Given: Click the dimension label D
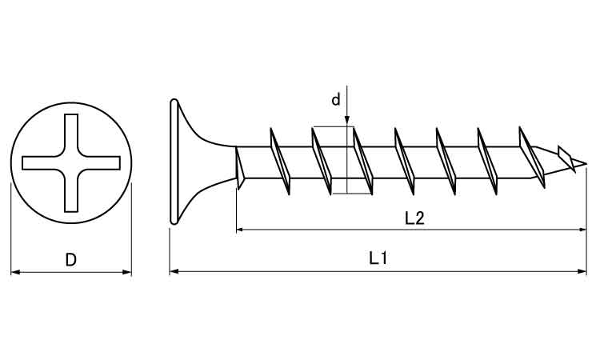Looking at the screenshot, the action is click(x=70, y=260).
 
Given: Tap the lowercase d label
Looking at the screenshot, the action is click(x=335, y=99).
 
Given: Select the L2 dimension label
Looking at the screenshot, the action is click(x=414, y=218).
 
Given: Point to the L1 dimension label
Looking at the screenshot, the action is click(x=378, y=258).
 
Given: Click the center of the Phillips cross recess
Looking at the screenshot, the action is click(x=71, y=163).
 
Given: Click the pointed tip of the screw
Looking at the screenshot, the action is click(x=586, y=164).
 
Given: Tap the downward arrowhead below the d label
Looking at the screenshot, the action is click(x=347, y=121).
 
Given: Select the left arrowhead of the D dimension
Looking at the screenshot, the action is click(x=15, y=272).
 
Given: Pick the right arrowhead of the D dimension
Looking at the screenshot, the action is click(x=126, y=272).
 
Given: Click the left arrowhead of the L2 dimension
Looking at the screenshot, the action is click(x=241, y=230).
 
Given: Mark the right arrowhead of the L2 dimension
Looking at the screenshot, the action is click(x=582, y=230).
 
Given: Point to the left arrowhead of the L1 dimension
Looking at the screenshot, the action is click(x=174, y=272).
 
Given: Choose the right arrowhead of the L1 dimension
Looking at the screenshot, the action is click(x=582, y=272).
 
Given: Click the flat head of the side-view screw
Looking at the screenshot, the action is click(x=174, y=162).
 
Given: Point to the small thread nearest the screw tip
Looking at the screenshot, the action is click(x=566, y=158).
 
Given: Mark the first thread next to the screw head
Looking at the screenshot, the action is click(x=239, y=167).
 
